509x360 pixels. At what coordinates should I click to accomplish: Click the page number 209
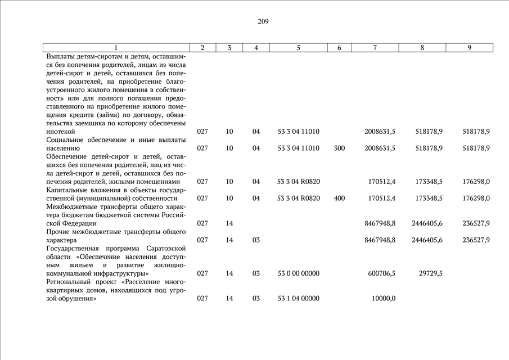pyautogui.click(x=263, y=22)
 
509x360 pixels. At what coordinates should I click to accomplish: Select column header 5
pyautogui.click(x=298, y=48)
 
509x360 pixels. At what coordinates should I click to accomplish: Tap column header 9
pyautogui.click(x=469, y=48)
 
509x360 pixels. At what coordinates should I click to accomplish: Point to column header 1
pyautogui.click(x=116, y=48)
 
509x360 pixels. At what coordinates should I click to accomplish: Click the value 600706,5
pyautogui.click(x=380, y=273)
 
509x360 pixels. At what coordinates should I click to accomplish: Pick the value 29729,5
pyautogui.click(x=430, y=273)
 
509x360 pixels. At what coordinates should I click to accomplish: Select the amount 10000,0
pyautogui.click(x=383, y=299)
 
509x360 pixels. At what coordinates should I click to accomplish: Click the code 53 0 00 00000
pyautogui.click(x=299, y=273)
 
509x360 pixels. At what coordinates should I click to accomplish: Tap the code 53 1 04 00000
pyautogui.click(x=299, y=299)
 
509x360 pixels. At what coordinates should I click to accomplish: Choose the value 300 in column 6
pyautogui.click(x=339, y=148)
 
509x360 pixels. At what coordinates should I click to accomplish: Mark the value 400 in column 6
pyautogui.click(x=339, y=198)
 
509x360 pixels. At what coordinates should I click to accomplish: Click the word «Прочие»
pyautogui.click(x=58, y=232)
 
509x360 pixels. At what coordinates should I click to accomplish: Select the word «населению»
pyautogui.click(x=63, y=148)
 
